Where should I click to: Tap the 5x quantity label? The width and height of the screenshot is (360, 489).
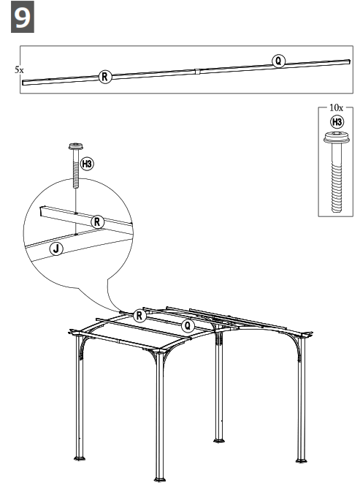point(18,70)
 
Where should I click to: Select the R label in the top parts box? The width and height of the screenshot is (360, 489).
point(105,76)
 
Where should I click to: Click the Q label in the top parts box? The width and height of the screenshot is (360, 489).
point(278,61)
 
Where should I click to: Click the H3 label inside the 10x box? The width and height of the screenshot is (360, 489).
point(337,122)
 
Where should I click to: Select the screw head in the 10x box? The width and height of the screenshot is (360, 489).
point(336,139)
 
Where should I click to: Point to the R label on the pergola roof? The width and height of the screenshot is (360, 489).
point(140,314)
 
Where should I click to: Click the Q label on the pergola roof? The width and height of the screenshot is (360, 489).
point(188,325)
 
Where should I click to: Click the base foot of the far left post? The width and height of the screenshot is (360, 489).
point(79,458)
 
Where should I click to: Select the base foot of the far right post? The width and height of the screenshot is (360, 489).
point(299,459)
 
